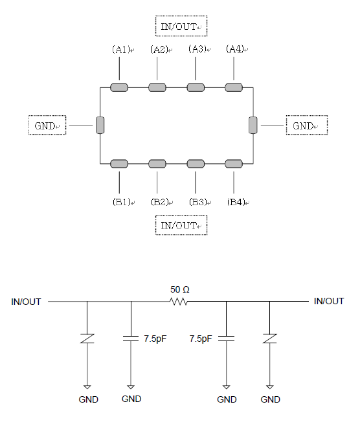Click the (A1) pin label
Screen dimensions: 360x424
(121, 49)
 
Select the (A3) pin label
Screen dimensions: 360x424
(197, 49)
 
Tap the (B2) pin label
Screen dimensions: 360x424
(159, 202)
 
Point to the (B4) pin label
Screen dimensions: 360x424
(236, 202)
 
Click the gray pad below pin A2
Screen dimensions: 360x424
(157, 87)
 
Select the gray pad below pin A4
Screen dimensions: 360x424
(234, 87)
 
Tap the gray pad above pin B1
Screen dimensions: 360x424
(119, 164)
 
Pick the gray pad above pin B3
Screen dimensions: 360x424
(196, 164)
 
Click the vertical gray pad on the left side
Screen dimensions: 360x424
(100, 125)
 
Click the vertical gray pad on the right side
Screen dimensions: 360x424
(253, 125)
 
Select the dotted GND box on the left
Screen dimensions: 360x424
(47, 125)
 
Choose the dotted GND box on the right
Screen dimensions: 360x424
(307, 125)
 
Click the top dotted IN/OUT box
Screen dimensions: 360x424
(181, 26)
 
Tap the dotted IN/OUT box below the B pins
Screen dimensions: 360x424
(181, 225)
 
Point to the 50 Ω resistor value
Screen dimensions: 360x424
(180, 289)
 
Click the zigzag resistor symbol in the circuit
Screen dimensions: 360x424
(179, 301)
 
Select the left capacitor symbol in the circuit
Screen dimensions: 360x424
(131, 339)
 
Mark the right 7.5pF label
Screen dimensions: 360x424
(201, 339)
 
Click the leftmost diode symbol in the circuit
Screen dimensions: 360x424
(87, 339)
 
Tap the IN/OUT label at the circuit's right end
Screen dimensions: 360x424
(329, 301)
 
